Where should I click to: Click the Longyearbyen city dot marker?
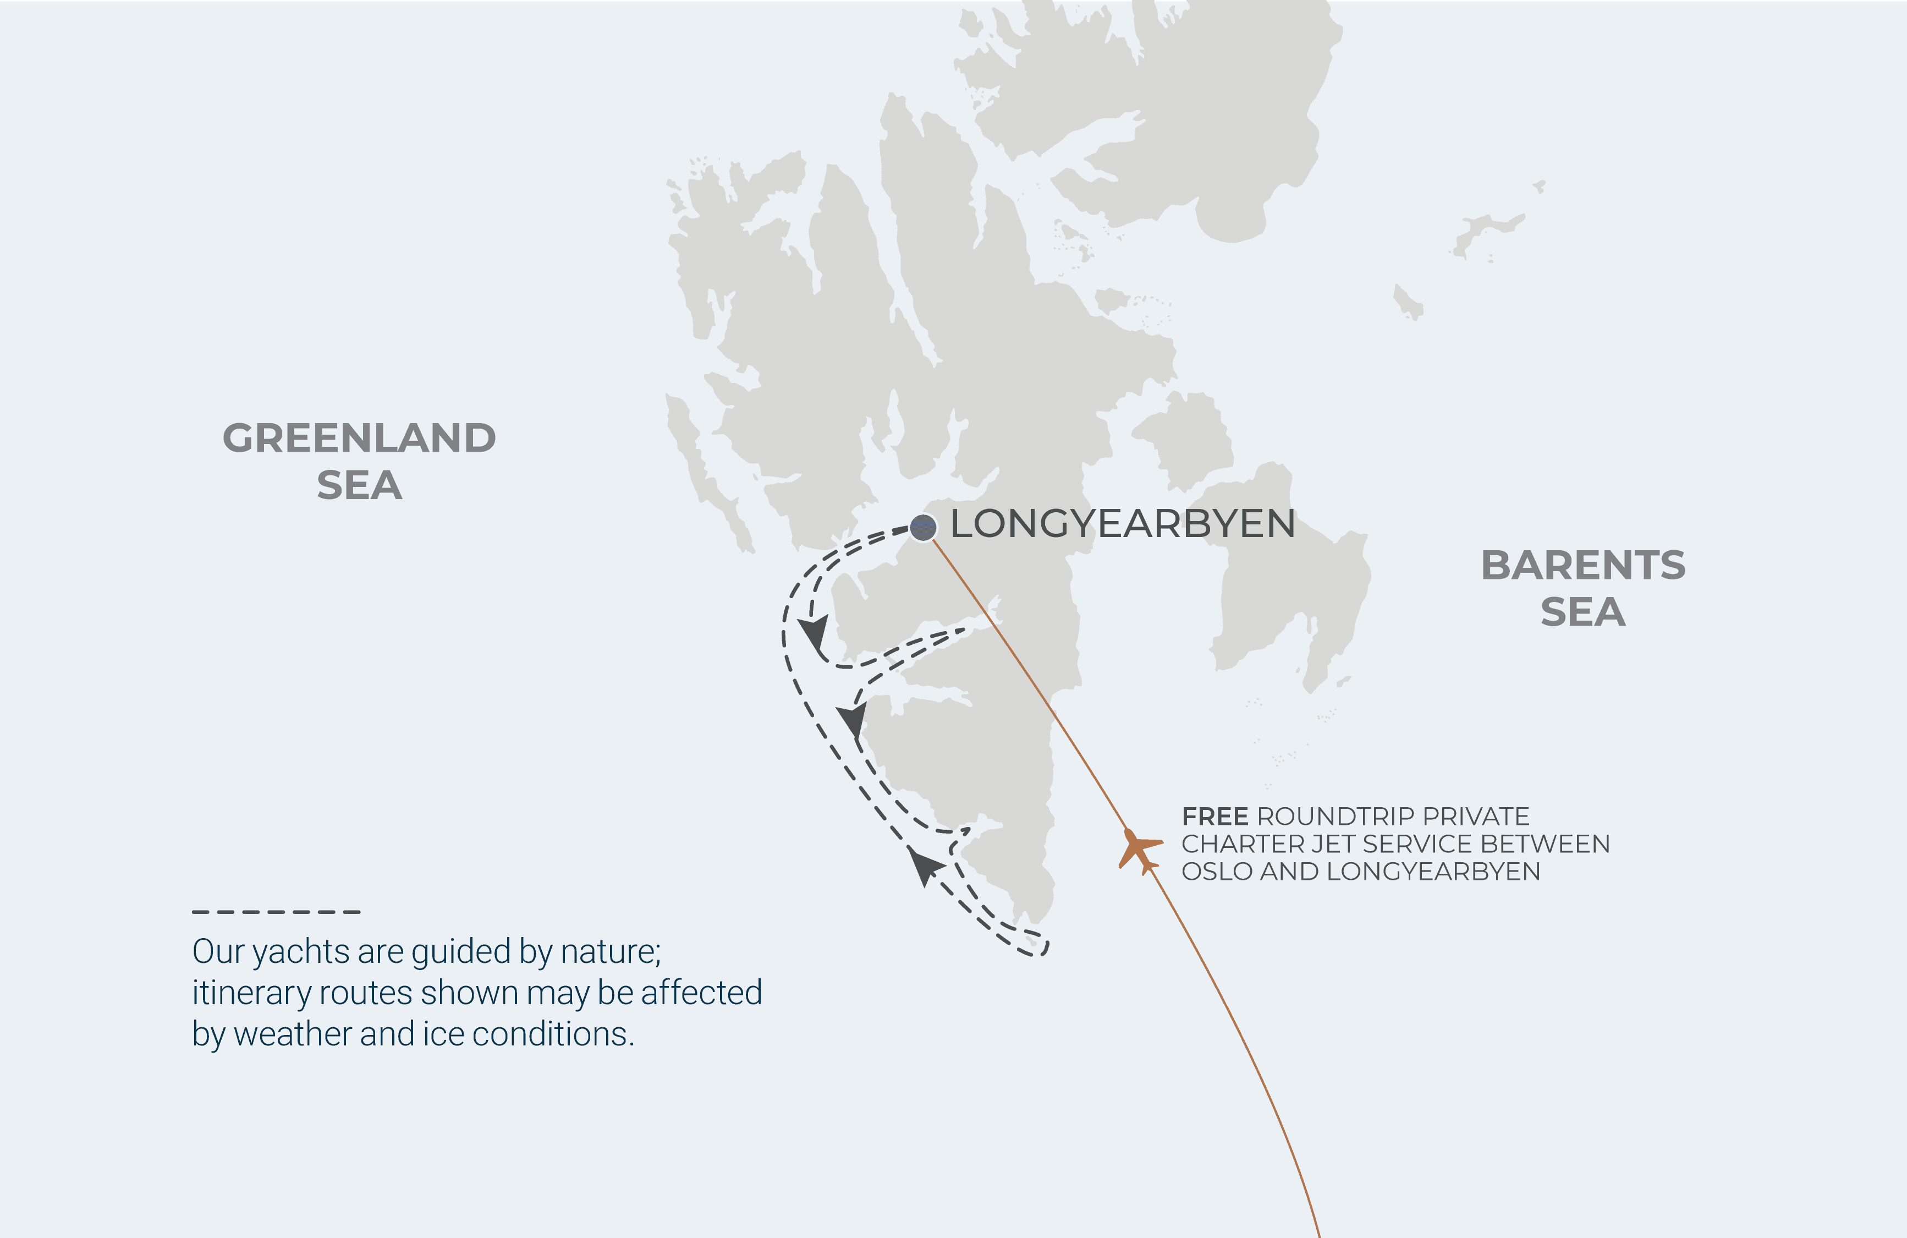(x=923, y=527)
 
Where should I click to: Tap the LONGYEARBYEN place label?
(x=1122, y=524)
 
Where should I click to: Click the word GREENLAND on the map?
(x=359, y=439)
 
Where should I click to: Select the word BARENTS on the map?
(x=1582, y=565)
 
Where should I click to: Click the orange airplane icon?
(x=1139, y=850)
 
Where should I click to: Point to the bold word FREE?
(x=1214, y=817)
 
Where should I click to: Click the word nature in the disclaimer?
(x=611, y=952)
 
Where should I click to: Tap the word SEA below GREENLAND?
(x=359, y=486)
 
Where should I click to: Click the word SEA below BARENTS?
(x=1582, y=612)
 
